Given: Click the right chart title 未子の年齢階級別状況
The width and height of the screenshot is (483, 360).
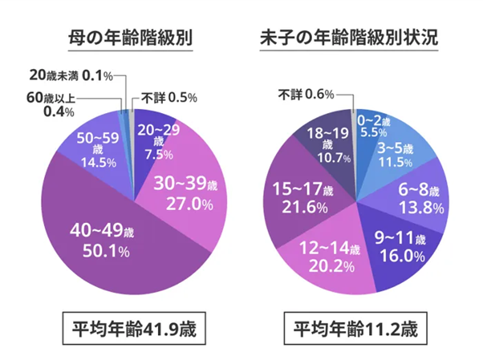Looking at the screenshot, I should [349, 38].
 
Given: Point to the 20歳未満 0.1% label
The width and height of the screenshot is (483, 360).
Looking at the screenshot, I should [71, 76].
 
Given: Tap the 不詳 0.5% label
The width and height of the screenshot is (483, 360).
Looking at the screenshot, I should [168, 98].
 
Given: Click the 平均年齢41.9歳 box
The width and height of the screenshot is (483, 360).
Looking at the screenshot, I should [128, 329].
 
